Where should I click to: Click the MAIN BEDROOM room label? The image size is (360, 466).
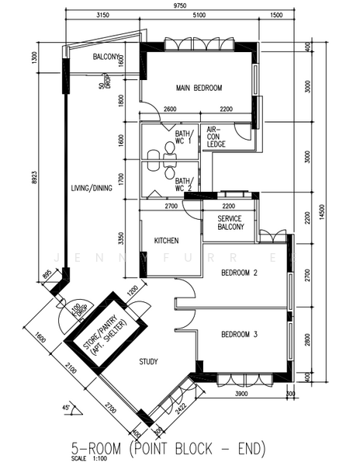point(199,88)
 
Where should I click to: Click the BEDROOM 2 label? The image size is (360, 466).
point(239,273)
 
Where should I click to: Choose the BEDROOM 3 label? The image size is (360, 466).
point(239,335)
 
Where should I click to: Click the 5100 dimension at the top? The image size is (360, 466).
point(199,15)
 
